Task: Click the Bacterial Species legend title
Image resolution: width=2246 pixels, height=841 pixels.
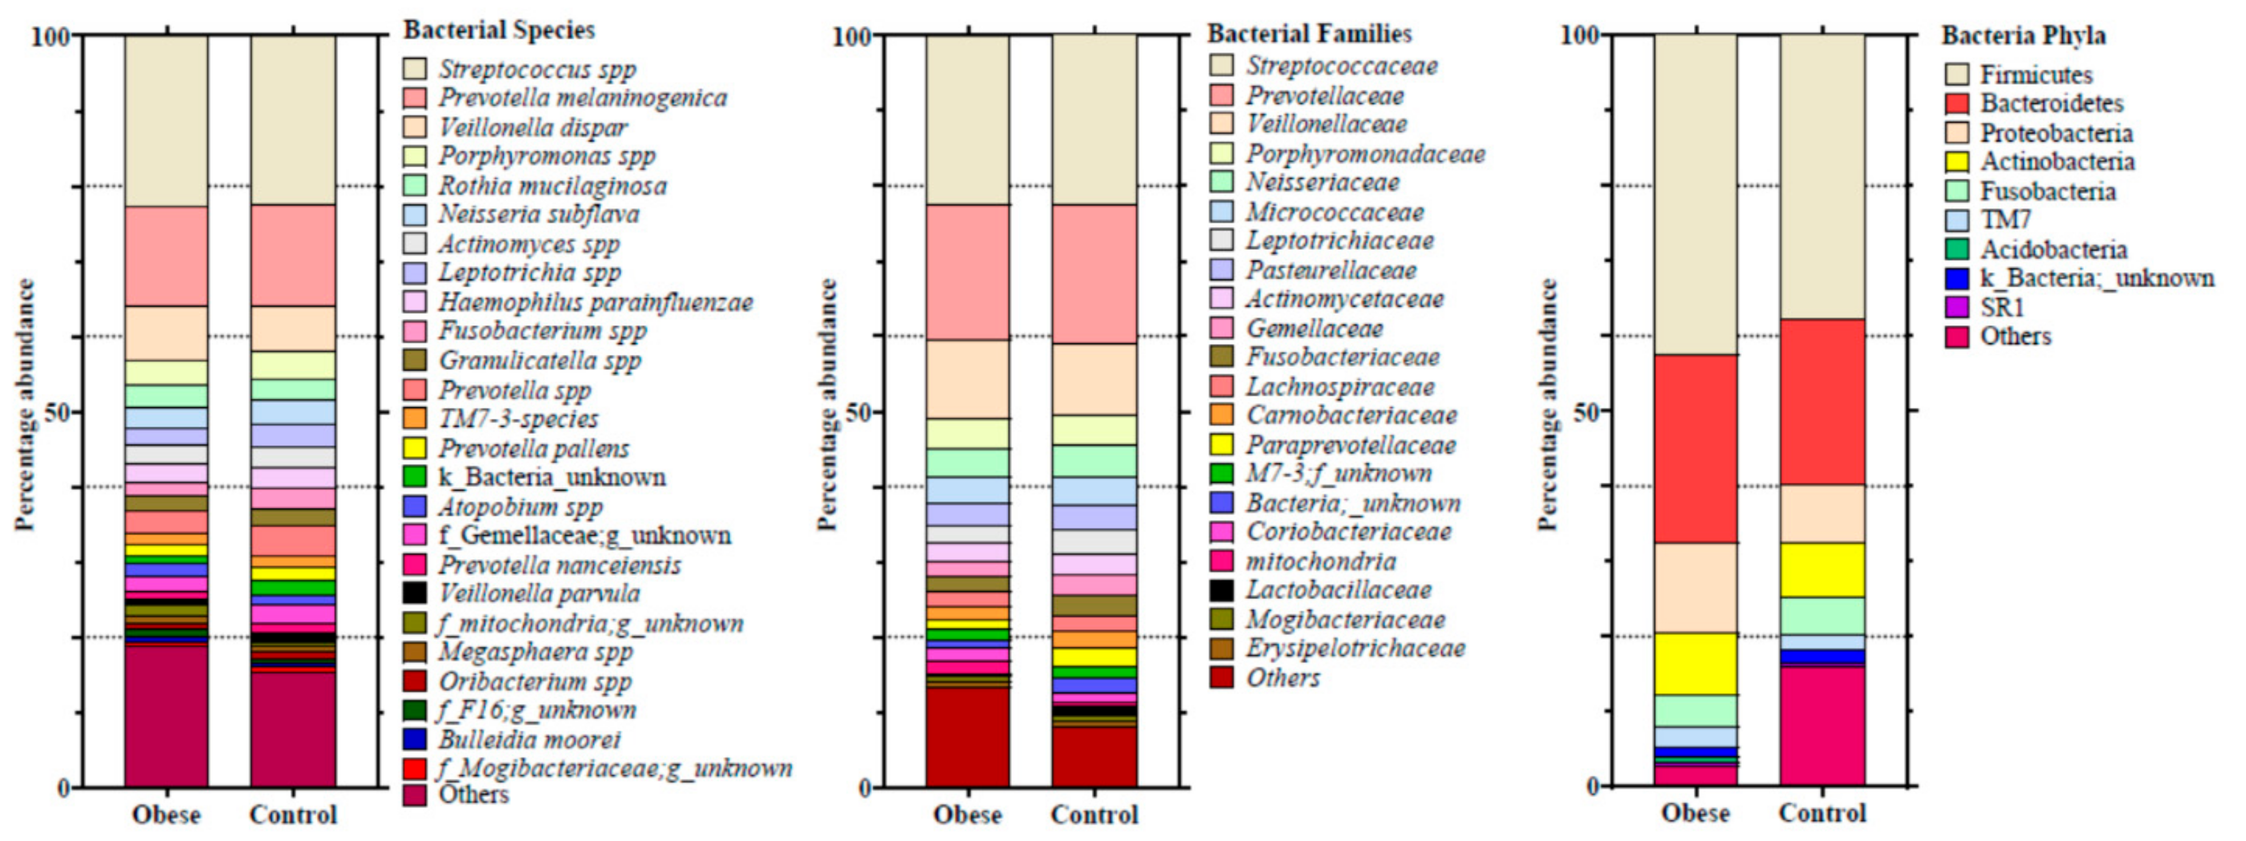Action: tap(499, 30)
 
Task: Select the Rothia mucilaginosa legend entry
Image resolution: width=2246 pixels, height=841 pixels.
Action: tap(552, 185)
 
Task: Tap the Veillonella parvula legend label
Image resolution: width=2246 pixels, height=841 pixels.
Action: tap(539, 593)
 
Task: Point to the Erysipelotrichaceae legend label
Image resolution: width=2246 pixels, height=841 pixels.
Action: tap(1355, 648)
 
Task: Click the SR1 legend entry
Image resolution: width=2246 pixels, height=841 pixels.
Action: tap(2002, 308)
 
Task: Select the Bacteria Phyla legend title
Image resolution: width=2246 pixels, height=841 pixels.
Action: tap(2023, 36)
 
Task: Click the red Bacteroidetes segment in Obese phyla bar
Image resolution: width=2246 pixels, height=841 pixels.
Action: tap(1696, 449)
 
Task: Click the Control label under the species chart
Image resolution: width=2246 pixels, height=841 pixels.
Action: tap(293, 815)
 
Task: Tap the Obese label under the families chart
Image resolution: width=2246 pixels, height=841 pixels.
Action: tap(968, 815)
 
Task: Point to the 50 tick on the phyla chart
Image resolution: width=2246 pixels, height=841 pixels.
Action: tap(1589, 411)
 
